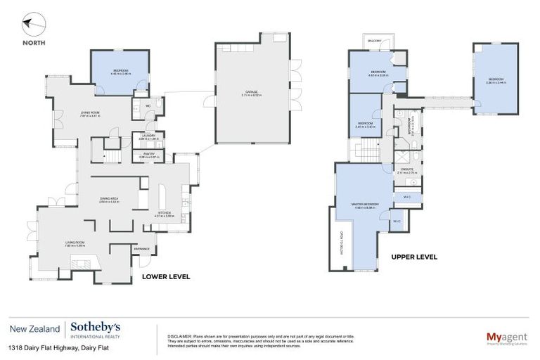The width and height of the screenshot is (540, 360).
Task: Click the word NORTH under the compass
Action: point(34,42)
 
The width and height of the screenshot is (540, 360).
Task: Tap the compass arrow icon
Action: point(32,26)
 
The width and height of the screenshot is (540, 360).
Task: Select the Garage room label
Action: point(251,92)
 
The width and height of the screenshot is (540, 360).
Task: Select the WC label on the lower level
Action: point(148,107)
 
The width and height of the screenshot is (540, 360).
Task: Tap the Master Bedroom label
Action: point(366,205)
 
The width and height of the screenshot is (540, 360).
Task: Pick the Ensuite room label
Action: point(407,169)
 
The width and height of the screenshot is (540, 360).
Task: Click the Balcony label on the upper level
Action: point(374,41)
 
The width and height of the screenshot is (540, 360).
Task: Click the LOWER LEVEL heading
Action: point(166,276)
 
